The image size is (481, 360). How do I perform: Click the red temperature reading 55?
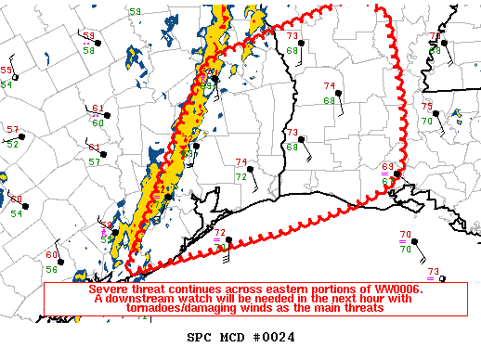click(6, 71)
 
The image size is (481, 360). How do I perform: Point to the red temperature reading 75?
click(427, 108)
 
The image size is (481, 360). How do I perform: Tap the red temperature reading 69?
click(387, 166)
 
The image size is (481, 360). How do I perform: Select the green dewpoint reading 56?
click(52, 269)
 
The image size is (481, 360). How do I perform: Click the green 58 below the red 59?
click(89, 51)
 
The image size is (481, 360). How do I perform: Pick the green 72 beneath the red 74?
click(240, 176)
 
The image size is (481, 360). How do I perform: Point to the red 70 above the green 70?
click(406, 235)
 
